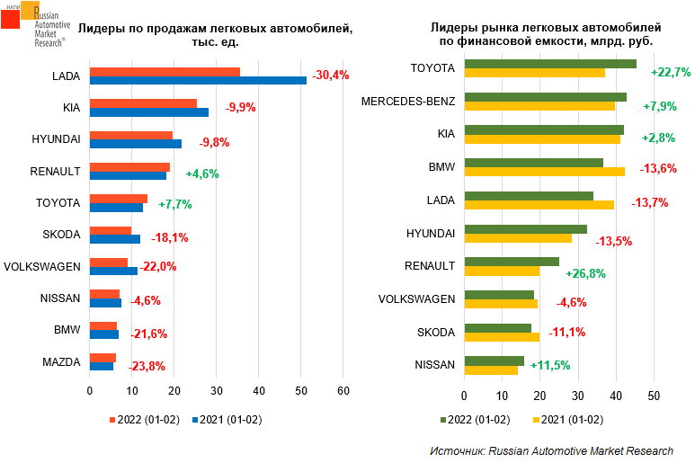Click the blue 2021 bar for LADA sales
point(198,80)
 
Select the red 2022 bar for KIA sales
point(143,103)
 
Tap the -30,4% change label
point(331,75)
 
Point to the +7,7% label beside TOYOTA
point(175,205)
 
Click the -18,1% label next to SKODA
point(161,237)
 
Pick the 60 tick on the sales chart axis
point(343,391)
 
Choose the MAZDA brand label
point(61,362)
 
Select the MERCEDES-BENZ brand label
point(408,101)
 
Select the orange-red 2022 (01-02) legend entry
point(143,418)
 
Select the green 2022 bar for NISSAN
point(494,361)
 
